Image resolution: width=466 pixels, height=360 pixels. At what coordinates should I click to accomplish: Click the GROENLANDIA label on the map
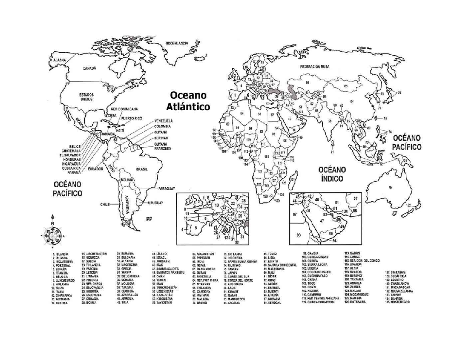pyautogui.click(x=177, y=43)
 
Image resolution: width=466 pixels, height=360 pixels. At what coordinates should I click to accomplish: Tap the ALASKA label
pyautogui.click(x=57, y=60)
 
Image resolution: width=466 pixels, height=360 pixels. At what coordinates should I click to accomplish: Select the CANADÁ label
pyautogui.click(x=89, y=68)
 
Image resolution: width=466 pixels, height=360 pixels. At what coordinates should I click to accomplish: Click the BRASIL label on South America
pyautogui.click(x=142, y=169)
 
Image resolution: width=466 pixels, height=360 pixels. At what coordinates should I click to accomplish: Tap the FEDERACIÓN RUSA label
pyautogui.click(x=314, y=66)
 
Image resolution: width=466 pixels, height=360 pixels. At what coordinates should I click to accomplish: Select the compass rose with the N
pyautogui.click(x=52, y=235)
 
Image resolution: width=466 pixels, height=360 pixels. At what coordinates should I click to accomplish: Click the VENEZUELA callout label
pyautogui.click(x=163, y=120)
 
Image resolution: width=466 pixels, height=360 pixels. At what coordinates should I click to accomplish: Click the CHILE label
pyautogui.click(x=106, y=204)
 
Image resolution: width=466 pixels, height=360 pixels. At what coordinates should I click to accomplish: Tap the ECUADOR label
pyautogui.click(x=95, y=169)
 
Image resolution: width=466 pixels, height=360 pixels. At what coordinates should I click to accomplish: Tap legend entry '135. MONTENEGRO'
pyautogui.click(x=398, y=302)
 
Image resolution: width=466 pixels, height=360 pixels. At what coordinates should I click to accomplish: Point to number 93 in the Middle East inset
pyautogui.click(x=299, y=235)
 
